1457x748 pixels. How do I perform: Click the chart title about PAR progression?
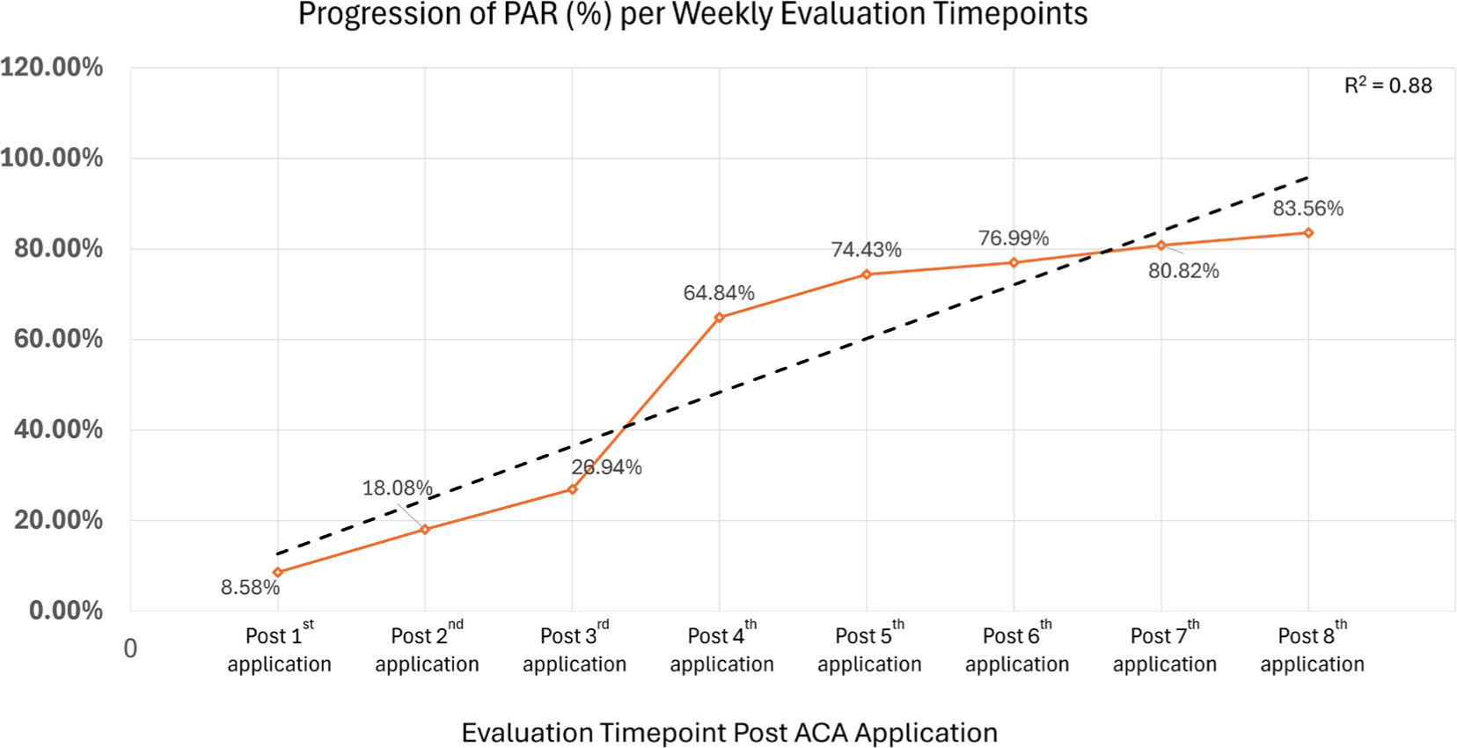coord(692,15)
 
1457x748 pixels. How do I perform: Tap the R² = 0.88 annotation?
coord(1387,85)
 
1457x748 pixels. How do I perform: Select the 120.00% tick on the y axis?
coord(52,68)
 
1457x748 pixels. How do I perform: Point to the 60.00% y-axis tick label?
coord(58,339)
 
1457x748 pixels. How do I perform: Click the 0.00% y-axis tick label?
coord(66,611)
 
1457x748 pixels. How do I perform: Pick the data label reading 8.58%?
coord(250,588)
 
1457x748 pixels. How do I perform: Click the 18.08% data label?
coord(397,488)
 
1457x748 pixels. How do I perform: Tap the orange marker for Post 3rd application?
coord(573,489)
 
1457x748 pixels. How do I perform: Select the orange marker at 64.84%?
coord(720,318)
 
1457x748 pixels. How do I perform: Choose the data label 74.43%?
coord(866,250)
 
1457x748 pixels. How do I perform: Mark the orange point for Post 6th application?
coord(1014,262)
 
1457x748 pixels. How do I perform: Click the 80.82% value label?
coord(1183,271)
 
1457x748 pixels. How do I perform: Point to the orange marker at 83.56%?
coord(1308,233)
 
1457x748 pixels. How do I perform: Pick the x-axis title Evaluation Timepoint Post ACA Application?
coord(729,733)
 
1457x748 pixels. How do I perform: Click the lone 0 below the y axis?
coord(130,649)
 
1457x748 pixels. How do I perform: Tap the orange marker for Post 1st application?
coord(278,573)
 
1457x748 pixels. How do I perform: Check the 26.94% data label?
coord(606,467)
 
